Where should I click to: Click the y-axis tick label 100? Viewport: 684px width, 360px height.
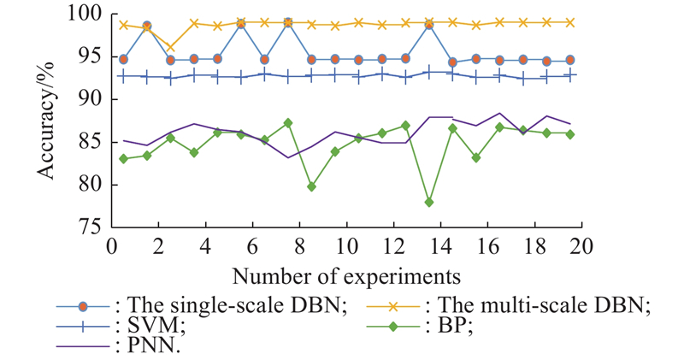[x=85, y=15]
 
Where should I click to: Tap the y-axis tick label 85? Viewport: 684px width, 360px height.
[x=91, y=143]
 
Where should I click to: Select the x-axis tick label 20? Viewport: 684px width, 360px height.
[x=581, y=246]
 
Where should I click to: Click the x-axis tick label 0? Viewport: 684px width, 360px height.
[x=111, y=246]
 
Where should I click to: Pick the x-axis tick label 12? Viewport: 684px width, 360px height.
[x=393, y=246]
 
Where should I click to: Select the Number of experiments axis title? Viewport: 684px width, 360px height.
[x=346, y=276]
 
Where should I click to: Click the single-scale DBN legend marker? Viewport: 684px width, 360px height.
[x=83, y=307]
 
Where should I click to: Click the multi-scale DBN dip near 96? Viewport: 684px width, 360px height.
[x=170, y=47]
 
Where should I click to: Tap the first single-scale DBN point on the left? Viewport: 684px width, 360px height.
[x=123, y=59]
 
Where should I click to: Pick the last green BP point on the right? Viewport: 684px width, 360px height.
[x=569, y=134]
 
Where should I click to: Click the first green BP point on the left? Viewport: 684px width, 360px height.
[x=123, y=159]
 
